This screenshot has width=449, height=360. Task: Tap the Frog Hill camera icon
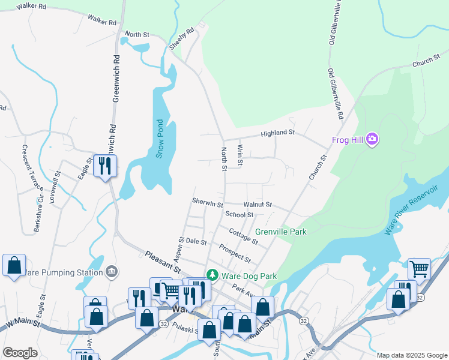372,140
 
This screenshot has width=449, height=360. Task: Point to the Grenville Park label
280,232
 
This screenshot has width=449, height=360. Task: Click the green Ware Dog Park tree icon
212,275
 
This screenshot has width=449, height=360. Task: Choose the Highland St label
277,133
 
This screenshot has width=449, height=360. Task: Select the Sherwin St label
207,202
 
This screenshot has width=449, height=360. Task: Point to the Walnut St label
258,205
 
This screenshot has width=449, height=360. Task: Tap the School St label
240,215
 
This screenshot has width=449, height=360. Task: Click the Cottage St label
243,236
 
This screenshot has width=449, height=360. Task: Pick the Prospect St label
235,253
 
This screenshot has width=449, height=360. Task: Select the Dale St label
196,242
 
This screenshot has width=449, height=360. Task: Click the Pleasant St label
163,262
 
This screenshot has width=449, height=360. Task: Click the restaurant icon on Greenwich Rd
106,166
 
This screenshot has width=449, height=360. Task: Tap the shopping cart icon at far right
419,269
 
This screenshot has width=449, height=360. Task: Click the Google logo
20,353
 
